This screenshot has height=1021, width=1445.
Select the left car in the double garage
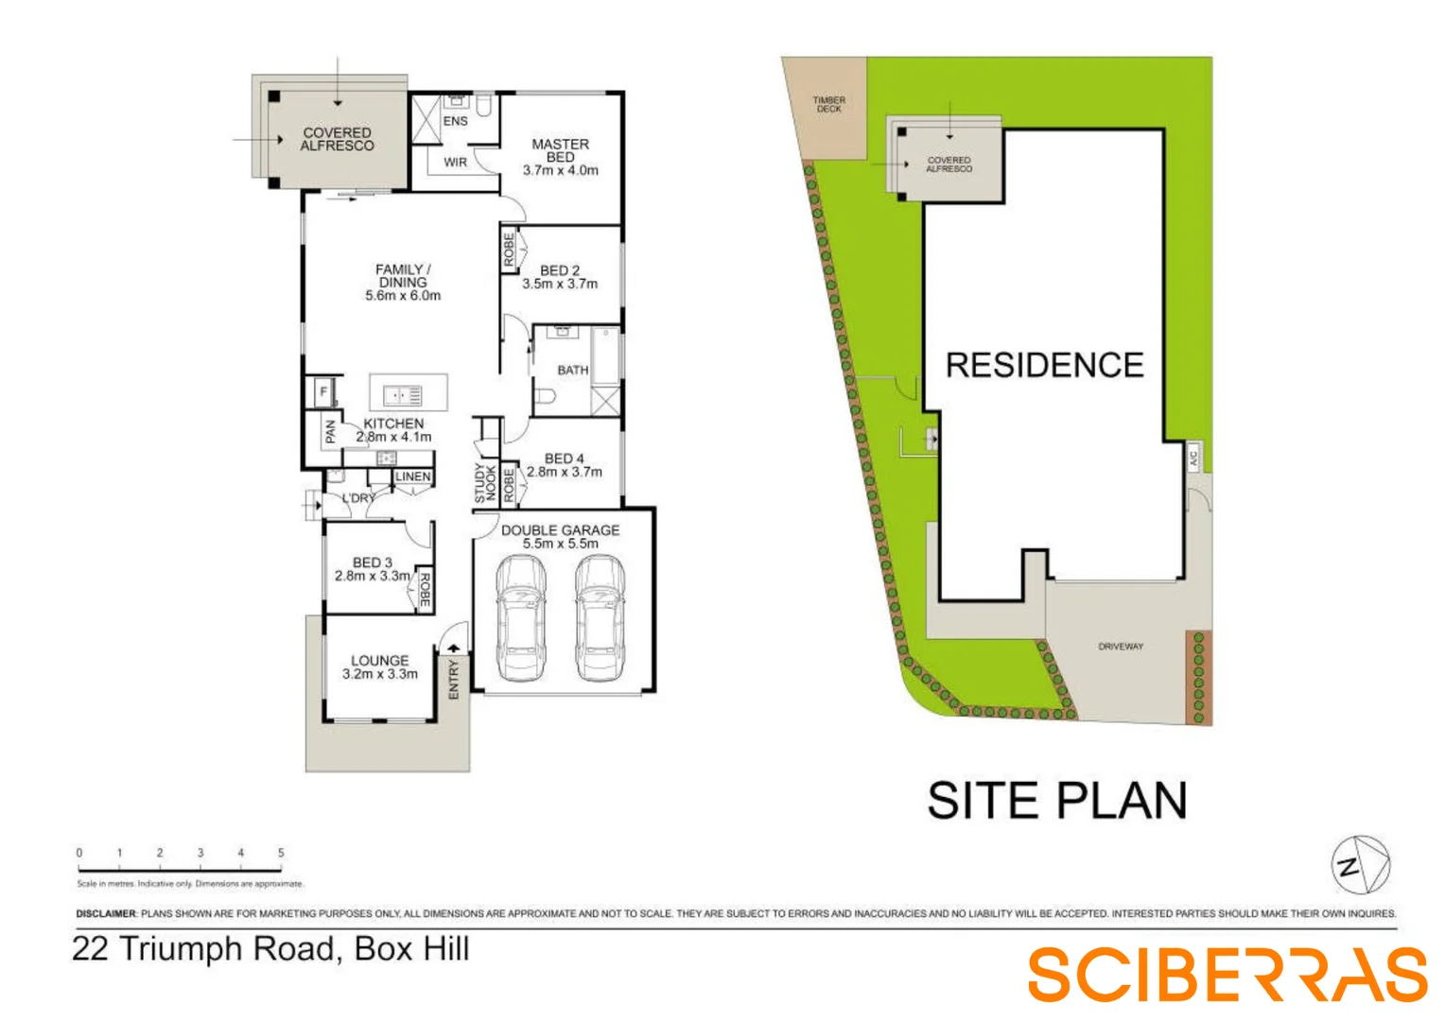(x=520, y=618)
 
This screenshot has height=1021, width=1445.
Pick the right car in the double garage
(x=600, y=618)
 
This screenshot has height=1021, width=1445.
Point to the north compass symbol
(x=1360, y=864)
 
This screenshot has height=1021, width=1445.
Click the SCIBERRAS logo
(x=1227, y=975)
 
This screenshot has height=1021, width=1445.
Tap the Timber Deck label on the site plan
(x=828, y=104)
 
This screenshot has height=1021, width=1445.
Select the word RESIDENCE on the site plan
(x=1044, y=365)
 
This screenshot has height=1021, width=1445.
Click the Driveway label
(x=1121, y=647)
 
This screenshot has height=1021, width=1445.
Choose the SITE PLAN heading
(x=1056, y=801)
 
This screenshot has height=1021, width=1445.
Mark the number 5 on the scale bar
(x=281, y=853)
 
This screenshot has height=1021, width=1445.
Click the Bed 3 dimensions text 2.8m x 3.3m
(x=373, y=576)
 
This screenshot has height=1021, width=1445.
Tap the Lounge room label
(x=379, y=661)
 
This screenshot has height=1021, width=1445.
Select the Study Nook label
(x=484, y=482)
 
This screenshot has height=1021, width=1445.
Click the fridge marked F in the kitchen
(x=323, y=390)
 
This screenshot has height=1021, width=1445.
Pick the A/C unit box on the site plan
(x=1193, y=458)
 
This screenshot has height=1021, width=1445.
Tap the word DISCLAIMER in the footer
(x=106, y=914)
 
